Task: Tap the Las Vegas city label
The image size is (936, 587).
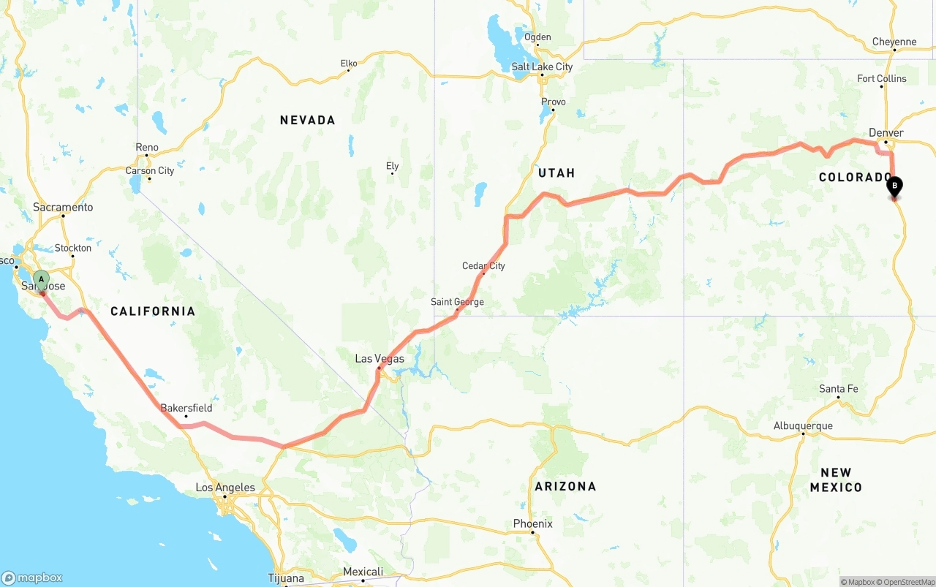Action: pyautogui.click(x=380, y=359)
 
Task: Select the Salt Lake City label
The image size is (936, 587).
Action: pyautogui.click(x=542, y=67)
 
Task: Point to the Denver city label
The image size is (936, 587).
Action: pyautogui.click(x=886, y=133)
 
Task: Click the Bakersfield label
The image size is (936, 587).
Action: pyautogui.click(x=186, y=408)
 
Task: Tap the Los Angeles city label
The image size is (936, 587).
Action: pyautogui.click(x=225, y=488)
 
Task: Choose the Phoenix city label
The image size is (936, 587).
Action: pyautogui.click(x=532, y=524)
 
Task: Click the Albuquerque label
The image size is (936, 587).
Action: pyautogui.click(x=803, y=426)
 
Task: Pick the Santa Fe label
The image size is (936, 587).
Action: pyautogui.click(x=838, y=389)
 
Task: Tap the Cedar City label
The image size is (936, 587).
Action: pyautogui.click(x=483, y=266)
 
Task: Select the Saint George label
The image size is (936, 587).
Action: pyautogui.click(x=457, y=302)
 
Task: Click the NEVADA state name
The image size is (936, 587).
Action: pyautogui.click(x=307, y=120)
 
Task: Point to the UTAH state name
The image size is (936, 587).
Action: pyautogui.click(x=556, y=173)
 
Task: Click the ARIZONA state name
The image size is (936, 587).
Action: pyautogui.click(x=565, y=486)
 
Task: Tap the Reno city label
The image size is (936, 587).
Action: pyautogui.click(x=147, y=148)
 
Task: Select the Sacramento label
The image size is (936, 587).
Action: pyautogui.click(x=63, y=208)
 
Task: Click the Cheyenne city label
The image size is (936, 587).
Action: pyautogui.click(x=894, y=42)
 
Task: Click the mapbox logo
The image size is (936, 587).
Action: pyautogui.click(x=32, y=577)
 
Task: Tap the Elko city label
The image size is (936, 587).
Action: pyautogui.click(x=349, y=64)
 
